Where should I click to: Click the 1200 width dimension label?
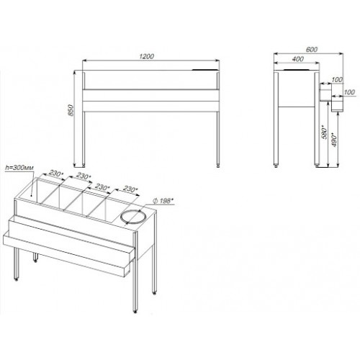coord(146,56)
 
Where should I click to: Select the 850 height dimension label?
coord(71,110)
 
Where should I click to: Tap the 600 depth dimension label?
coord(312,50)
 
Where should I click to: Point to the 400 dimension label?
coord(298,59)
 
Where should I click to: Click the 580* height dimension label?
coord(325,132)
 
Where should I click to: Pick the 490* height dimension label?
coord(334,140)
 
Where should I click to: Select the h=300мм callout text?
coord(19,168)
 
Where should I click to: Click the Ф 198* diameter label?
coord(163,201)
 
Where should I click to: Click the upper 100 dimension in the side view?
coord(337,80)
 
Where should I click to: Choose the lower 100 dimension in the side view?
coord(349,92)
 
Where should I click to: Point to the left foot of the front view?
coord(84,166)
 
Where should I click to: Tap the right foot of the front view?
coord(218,166)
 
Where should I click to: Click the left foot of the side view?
coord(276,166)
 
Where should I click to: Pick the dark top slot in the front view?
coord(205,70)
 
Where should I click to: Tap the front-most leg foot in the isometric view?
coord(135,311)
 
